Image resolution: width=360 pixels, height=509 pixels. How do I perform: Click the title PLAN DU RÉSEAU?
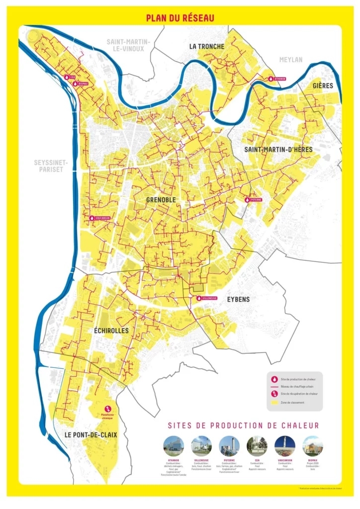(x=180, y=18)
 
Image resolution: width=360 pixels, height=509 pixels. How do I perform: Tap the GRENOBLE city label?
(x=161, y=200)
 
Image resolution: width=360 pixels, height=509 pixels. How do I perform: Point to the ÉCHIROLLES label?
(x=111, y=331)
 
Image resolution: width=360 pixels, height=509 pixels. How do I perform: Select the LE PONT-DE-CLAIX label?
(x=91, y=434)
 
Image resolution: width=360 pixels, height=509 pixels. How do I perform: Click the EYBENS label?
(x=238, y=300)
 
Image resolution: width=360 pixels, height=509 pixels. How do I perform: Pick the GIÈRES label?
(x=323, y=86)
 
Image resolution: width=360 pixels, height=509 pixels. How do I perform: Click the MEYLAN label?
(x=290, y=60)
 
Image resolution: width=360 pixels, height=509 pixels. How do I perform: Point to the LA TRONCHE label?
(x=206, y=47)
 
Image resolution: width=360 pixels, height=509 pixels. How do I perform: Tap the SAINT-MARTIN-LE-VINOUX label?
(x=125, y=45)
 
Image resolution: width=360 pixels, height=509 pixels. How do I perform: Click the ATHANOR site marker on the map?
(x=271, y=79)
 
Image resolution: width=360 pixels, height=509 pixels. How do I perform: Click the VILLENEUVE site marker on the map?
(x=199, y=298)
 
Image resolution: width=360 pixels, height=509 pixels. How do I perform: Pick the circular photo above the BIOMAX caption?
(x=312, y=446)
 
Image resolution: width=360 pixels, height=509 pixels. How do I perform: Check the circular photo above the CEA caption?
(x=257, y=446)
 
